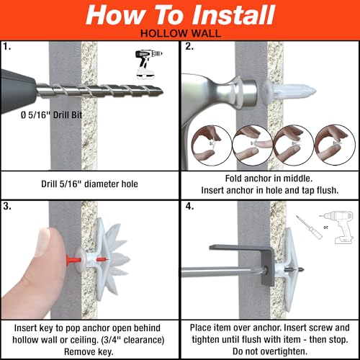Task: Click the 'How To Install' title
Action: coord(179,16)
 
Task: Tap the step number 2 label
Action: coord(189,48)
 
